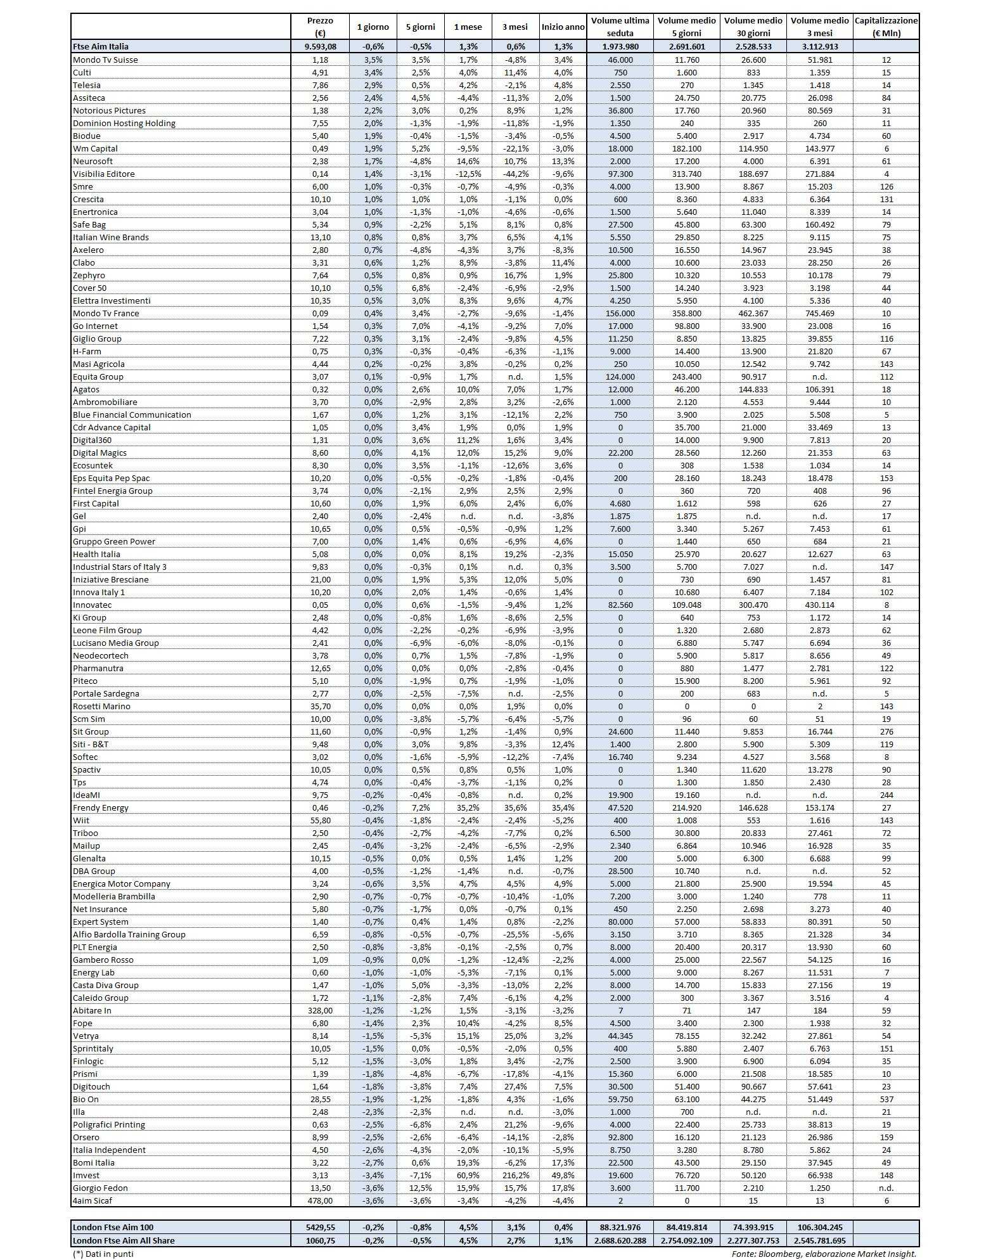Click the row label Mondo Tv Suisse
click(105, 60)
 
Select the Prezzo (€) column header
click(319, 27)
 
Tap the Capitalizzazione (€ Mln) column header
click(886, 27)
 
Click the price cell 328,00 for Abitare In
click(319, 1010)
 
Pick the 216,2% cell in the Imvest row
click(515, 1175)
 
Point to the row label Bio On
click(86, 1099)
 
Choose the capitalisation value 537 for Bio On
click(886, 1099)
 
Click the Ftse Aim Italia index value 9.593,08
click(319, 46)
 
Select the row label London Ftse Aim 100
click(113, 1228)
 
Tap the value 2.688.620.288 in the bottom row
click(620, 1240)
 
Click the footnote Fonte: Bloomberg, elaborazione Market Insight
click(824, 1253)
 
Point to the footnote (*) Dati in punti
click(103, 1253)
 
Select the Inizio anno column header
click(563, 27)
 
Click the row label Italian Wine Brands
click(111, 237)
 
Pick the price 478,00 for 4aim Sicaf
click(319, 1200)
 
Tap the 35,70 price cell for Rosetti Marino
click(319, 706)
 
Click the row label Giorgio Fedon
click(100, 1188)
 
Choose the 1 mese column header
click(468, 27)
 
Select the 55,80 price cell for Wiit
click(319, 820)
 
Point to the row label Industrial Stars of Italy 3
click(120, 567)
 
